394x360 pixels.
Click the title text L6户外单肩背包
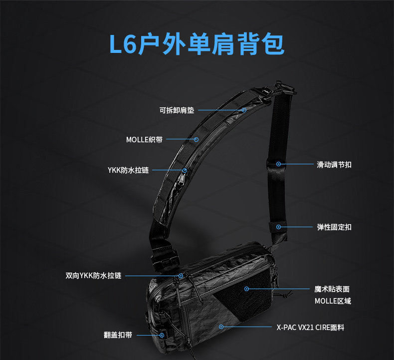point(197,44)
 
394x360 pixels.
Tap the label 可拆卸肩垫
point(177,110)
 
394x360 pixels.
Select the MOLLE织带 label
point(144,140)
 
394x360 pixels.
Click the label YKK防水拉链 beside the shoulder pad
point(128,170)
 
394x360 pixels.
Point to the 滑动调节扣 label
point(334,164)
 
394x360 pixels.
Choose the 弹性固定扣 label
point(334,227)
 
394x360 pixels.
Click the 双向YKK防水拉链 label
point(93,276)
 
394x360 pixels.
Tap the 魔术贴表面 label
point(332,289)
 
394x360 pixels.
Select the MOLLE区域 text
point(333,301)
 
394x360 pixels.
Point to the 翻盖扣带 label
point(118,335)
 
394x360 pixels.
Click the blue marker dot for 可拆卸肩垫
point(244,110)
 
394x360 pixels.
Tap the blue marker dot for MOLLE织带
point(197,140)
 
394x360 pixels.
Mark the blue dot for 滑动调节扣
point(278,164)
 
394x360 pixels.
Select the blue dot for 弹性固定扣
point(278,227)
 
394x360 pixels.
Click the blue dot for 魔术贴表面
point(246,289)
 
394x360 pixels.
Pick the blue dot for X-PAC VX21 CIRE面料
point(221,327)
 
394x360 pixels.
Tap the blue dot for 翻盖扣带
point(162,335)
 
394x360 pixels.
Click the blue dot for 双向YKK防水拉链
point(181,276)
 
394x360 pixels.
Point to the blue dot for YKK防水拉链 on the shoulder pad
point(185,170)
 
